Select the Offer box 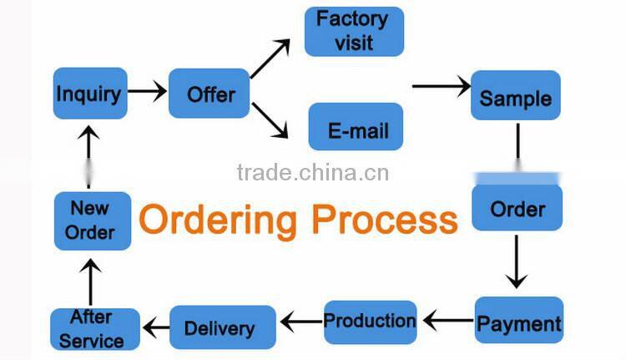coord(210,93)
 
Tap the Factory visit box coord(354,32)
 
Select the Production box coord(370,322)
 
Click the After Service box coord(92,328)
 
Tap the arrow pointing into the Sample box coord(442,86)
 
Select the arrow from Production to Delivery coord(300,321)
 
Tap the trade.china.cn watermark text coord(313,173)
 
